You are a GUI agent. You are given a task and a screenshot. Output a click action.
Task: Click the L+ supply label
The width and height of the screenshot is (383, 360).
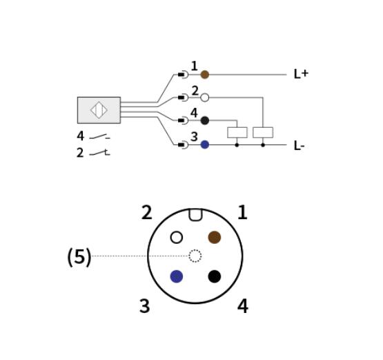click(x=301, y=74)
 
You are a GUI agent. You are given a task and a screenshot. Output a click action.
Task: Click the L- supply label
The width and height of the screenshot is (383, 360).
click(x=299, y=146)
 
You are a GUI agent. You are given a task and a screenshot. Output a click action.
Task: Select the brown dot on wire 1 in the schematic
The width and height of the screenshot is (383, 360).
click(x=205, y=75)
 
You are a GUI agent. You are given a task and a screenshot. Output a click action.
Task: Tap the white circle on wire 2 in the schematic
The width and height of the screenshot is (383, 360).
click(x=205, y=97)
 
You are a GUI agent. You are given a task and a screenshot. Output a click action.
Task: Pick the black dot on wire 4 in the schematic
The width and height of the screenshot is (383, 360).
click(x=205, y=120)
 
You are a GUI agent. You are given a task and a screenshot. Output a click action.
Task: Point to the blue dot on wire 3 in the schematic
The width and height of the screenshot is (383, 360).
click(x=205, y=144)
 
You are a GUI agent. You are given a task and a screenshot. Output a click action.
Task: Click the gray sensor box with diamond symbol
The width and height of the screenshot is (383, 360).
click(x=99, y=110)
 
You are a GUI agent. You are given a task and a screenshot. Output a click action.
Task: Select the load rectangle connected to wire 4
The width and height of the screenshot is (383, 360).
click(x=237, y=133)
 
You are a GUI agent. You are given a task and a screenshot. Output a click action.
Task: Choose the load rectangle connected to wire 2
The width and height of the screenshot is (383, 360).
click(x=263, y=133)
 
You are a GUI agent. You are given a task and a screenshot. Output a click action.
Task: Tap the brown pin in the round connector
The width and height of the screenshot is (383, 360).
click(x=215, y=237)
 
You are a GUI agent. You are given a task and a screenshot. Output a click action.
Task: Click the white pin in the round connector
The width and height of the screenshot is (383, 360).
click(x=177, y=237)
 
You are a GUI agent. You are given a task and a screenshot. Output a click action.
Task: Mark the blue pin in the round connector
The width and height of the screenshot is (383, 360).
click(x=177, y=276)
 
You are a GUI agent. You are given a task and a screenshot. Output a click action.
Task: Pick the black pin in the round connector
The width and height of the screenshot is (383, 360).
click(x=215, y=276)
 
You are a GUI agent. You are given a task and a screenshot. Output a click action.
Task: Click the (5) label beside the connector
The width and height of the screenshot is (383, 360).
click(x=79, y=257)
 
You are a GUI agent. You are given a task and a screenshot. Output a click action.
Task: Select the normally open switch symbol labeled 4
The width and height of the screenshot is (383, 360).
click(x=99, y=136)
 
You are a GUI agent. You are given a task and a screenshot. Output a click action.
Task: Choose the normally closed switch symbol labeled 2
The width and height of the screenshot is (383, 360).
click(x=99, y=153)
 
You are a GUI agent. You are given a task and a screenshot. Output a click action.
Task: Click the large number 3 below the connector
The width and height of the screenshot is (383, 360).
click(x=145, y=306)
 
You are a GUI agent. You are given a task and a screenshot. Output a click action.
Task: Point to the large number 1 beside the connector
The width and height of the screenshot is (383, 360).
click(x=242, y=212)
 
